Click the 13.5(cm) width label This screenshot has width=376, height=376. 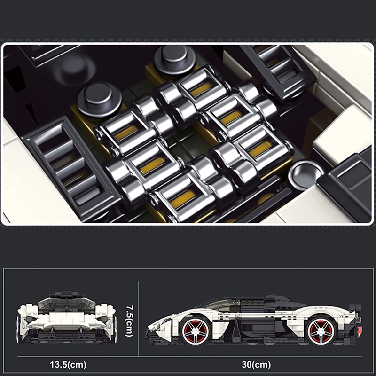pos(68,365)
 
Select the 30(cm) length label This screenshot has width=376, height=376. pos(256,365)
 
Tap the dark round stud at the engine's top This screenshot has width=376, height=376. pos(174,59)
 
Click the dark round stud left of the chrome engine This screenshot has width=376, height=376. pos(99,100)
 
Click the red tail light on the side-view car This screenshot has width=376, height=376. pos(359,332)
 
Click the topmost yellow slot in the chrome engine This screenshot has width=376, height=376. pos(202,89)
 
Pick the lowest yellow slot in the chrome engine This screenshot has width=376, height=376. pos(183,198)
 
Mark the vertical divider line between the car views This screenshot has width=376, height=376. pos(138,319)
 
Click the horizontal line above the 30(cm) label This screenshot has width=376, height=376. pos(189,357)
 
